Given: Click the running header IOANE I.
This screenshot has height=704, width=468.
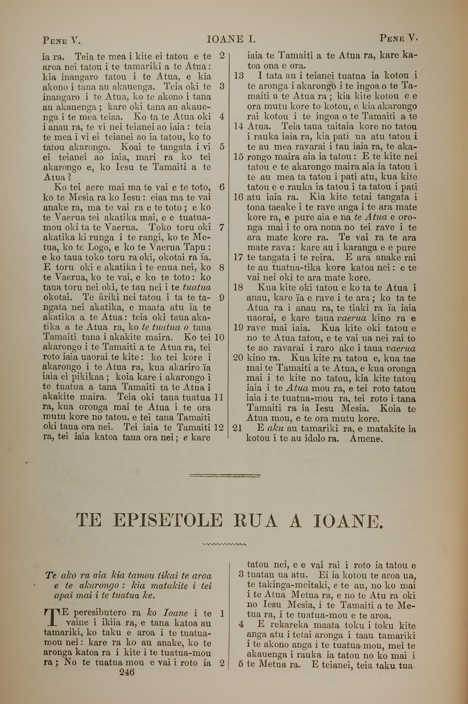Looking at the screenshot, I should pyautogui.click(x=231, y=39).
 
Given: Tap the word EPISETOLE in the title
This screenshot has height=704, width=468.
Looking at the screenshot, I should pyautogui.click(x=168, y=520).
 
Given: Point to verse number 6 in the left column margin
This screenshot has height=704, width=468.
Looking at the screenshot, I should pyautogui.click(x=221, y=187).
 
